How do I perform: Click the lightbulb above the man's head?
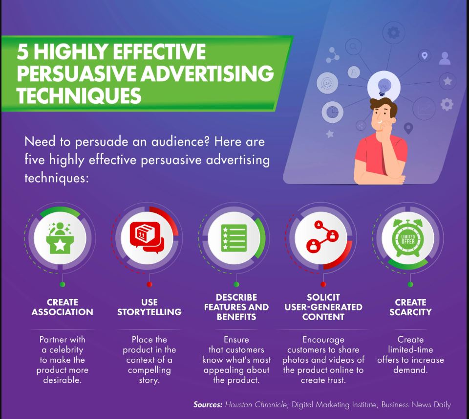tap(384, 87)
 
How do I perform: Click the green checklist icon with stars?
tap(234, 238)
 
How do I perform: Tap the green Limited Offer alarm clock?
tap(408, 238)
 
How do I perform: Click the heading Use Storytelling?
tap(149, 307)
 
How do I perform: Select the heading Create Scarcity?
tap(410, 307)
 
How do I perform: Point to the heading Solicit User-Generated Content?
tap(323, 307)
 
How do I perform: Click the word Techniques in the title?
tap(79, 96)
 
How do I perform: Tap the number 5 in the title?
tap(23, 51)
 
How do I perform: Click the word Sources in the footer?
tap(208, 405)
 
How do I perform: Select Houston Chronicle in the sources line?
tap(256, 405)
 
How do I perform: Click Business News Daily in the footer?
tap(416, 405)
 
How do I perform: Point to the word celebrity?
tap(66, 350)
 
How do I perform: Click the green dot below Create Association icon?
tap(62, 284)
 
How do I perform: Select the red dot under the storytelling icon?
tap(149, 284)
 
